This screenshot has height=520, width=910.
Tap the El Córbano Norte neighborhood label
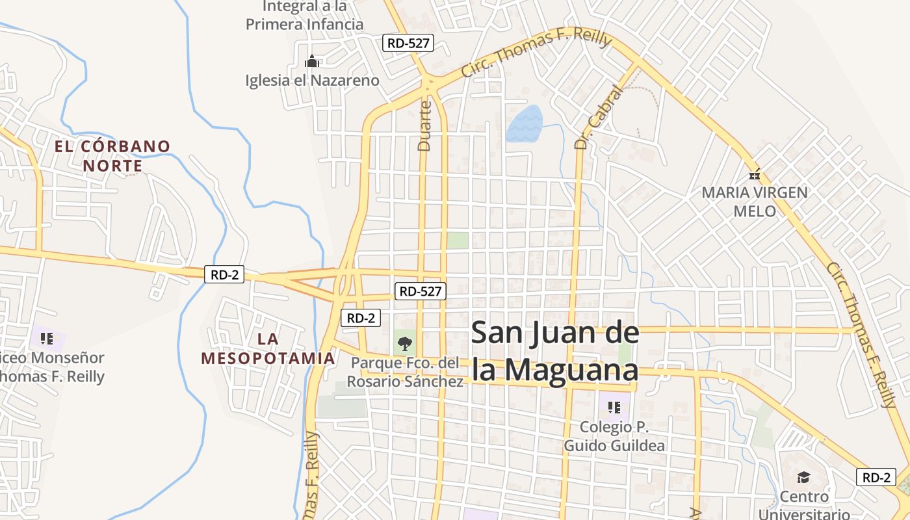click(112, 156)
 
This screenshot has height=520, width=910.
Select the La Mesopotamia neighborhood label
click(268, 348)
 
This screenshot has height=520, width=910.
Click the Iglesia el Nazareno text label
click(312, 81)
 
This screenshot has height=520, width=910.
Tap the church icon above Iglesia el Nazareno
click(312, 62)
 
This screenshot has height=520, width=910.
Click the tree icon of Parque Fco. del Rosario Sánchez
click(404, 343)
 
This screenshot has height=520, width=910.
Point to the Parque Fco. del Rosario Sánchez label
click(405, 372)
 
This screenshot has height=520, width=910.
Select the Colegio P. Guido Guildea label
click(614, 436)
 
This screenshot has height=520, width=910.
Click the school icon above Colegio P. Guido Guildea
click(614, 408)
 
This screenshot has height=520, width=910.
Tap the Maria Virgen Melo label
click(755, 201)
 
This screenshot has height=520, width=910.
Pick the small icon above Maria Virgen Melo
click(755, 174)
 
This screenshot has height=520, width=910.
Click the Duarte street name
click(424, 125)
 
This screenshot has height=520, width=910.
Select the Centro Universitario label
click(804, 504)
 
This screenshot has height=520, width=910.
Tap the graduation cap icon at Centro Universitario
click(803, 478)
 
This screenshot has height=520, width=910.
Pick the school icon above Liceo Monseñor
click(47, 338)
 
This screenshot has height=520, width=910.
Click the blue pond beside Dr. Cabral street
click(524, 123)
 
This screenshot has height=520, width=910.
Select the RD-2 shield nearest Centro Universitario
click(876, 477)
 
